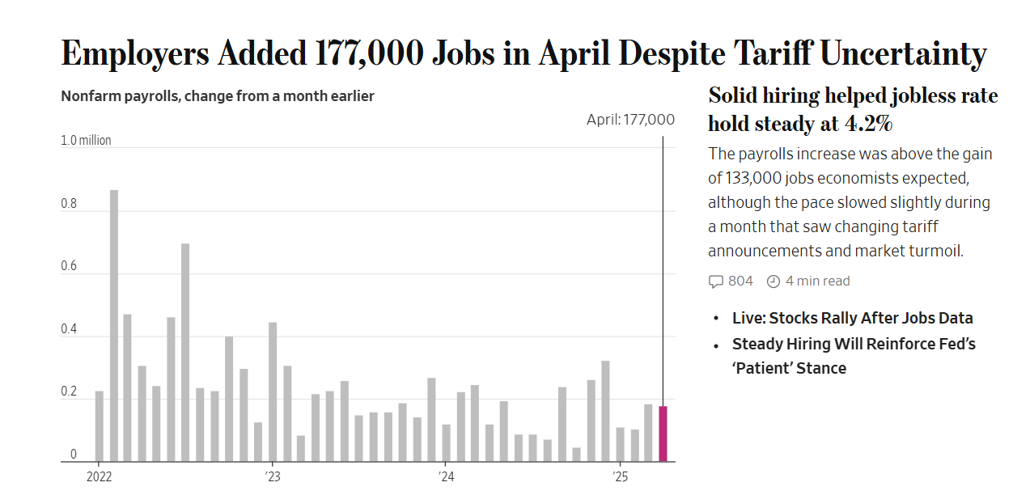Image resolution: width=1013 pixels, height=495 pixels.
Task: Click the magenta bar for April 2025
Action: [x=663, y=434]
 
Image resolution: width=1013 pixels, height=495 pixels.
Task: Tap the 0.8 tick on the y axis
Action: [x=69, y=204]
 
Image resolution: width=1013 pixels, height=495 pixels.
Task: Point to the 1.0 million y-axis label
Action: [x=86, y=141]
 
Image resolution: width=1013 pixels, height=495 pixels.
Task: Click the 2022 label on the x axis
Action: [x=99, y=476]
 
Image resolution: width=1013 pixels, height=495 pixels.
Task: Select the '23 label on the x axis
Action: [x=272, y=476]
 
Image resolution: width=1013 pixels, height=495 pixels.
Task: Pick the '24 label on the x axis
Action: [x=446, y=476]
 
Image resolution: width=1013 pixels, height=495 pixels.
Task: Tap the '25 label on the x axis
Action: [x=620, y=476]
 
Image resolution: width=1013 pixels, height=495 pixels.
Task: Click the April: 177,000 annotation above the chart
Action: [x=630, y=120]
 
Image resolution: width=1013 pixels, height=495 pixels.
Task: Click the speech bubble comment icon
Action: [x=715, y=281]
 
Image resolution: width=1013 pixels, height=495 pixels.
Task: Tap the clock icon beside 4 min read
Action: [x=774, y=281]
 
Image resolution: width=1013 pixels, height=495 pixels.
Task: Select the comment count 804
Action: [x=740, y=281]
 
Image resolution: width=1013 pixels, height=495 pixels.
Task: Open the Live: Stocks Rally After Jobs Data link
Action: [x=852, y=318]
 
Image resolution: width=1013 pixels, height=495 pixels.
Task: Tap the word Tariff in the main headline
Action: [x=773, y=53]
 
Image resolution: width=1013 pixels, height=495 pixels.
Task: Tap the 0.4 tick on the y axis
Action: [x=69, y=330]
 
